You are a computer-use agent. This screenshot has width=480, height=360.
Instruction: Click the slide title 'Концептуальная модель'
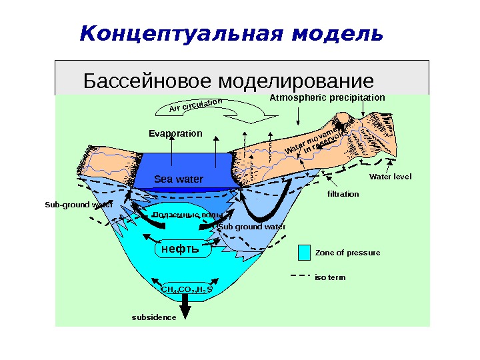(231, 34)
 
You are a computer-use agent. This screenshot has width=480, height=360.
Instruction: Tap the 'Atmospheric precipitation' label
(327, 97)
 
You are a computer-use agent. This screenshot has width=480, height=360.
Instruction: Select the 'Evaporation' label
(175, 133)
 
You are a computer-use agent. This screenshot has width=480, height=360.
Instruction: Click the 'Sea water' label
(178, 179)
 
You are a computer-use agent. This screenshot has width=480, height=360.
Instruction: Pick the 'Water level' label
(390, 177)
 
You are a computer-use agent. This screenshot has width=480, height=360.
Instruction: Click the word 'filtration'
(343, 194)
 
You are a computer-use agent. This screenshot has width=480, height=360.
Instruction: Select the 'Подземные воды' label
(187, 215)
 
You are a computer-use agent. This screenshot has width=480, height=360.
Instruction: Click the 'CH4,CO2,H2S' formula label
(187, 289)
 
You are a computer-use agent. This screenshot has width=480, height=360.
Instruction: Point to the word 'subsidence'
(154, 317)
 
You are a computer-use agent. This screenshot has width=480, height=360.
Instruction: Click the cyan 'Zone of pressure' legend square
(304, 253)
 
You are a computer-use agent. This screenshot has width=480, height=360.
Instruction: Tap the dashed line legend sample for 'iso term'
(300, 276)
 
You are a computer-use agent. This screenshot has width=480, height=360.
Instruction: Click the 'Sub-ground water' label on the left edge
(79, 205)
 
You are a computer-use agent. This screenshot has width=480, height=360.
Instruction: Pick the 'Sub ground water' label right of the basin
(252, 227)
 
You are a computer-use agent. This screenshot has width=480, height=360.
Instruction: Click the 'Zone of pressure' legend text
(347, 253)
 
